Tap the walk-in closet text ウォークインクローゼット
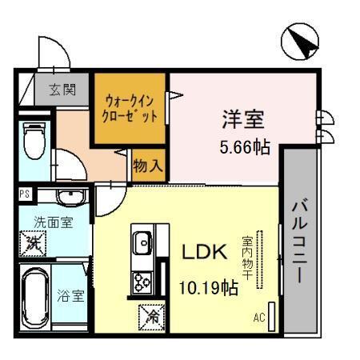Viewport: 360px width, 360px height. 131,110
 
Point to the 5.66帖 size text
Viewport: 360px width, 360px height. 244,147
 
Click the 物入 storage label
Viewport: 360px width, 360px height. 150,166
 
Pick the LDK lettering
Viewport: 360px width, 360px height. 206,253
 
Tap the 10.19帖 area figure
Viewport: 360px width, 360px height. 209,286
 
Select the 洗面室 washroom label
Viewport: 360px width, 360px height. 53,222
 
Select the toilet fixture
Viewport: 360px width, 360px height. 34,142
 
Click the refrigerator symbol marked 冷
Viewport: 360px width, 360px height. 151,317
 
